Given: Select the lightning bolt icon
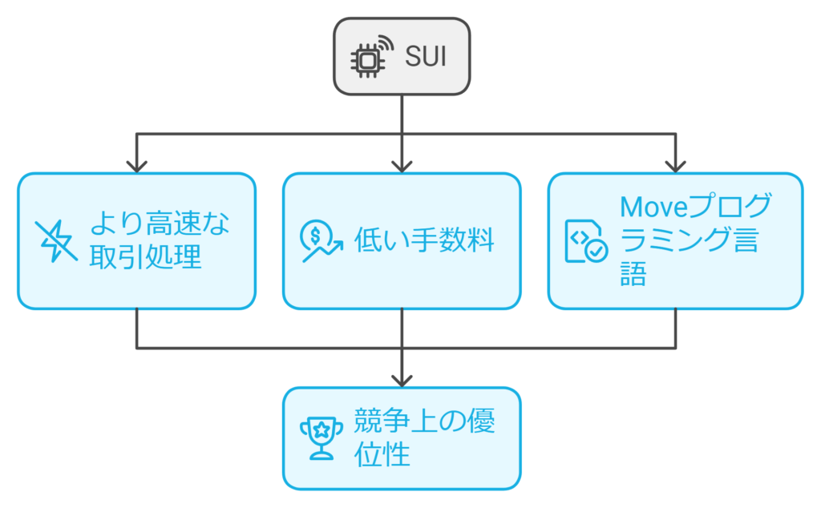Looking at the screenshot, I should (x=56, y=241).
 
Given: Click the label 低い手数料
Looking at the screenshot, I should (x=424, y=240).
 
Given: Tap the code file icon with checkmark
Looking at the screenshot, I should (x=585, y=241).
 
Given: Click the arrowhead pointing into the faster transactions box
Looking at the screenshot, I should (x=137, y=166).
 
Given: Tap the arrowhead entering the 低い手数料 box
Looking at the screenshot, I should (x=402, y=166).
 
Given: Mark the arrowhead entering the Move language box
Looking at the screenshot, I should (x=675, y=166).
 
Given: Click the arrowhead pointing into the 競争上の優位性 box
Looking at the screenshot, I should (x=402, y=380).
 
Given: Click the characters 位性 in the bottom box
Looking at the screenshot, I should (x=382, y=455).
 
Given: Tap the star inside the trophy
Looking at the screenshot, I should (x=321, y=430).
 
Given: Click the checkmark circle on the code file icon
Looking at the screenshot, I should (x=596, y=251).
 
